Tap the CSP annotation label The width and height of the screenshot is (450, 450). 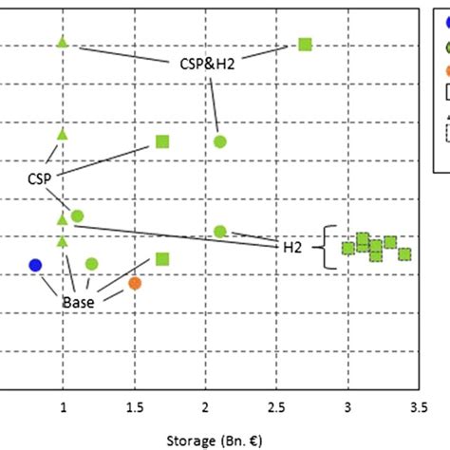click(x=40, y=178)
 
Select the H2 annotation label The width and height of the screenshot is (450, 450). click(x=293, y=247)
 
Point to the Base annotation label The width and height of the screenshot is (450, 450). click(x=80, y=302)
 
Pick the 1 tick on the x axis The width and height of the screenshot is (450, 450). click(x=64, y=406)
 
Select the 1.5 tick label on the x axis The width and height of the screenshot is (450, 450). click(x=133, y=406)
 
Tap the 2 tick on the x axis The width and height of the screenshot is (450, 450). click(x=206, y=406)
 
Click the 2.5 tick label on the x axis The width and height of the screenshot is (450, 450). click(x=275, y=406)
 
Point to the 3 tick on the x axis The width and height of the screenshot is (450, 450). click(x=347, y=406)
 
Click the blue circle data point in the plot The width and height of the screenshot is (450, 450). click(x=35, y=264)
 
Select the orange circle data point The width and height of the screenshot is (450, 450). click(x=135, y=283)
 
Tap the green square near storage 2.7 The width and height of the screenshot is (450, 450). click(x=305, y=44)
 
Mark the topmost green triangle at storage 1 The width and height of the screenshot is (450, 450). click(x=63, y=42)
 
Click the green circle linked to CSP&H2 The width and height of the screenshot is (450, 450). click(x=220, y=141)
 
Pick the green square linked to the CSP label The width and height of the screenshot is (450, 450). click(x=162, y=141)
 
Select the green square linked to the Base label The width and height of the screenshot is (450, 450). click(x=162, y=259)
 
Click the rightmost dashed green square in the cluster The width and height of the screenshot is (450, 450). click(x=404, y=253)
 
